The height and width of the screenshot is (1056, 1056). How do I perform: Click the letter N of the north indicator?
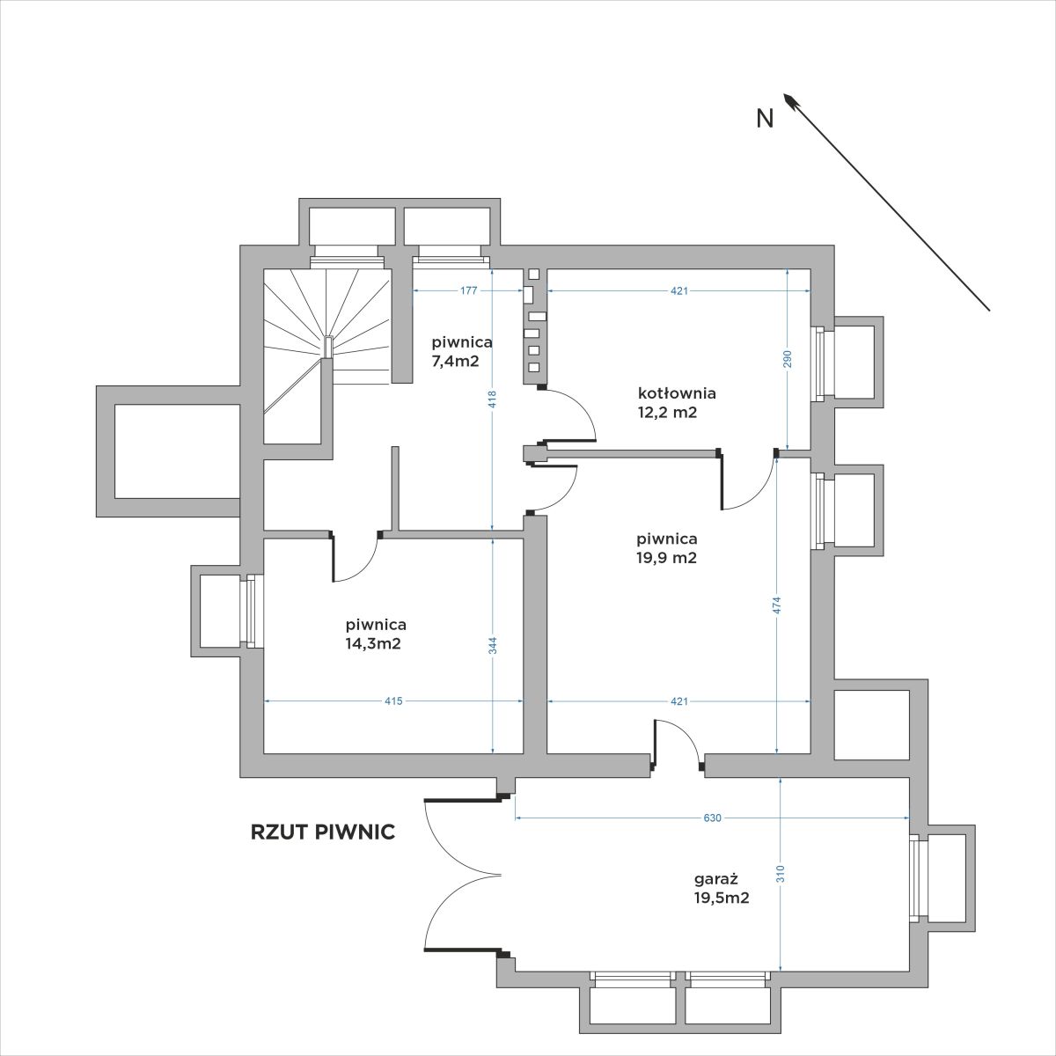(x=765, y=118)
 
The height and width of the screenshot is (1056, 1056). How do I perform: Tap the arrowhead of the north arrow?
(x=789, y=100)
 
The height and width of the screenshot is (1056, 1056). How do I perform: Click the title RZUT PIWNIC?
(x=323, y=832)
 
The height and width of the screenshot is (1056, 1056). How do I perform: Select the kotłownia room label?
(x=677, y=392)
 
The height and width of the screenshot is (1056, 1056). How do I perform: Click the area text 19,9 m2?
(x=667, y=558)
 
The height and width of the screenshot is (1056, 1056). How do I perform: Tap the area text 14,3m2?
(x=373, y=643)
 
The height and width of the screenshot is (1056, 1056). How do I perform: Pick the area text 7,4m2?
(x=455, y=361)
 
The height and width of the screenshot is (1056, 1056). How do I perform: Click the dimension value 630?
(x=712, y=818)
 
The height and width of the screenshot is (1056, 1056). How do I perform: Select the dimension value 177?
(x=468, y=291)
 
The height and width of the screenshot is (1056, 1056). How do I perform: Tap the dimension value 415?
(x=393, y=700)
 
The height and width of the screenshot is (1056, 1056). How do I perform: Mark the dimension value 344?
(x=493, y=646)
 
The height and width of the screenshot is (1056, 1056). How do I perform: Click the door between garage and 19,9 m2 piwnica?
(x=678, y=745)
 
